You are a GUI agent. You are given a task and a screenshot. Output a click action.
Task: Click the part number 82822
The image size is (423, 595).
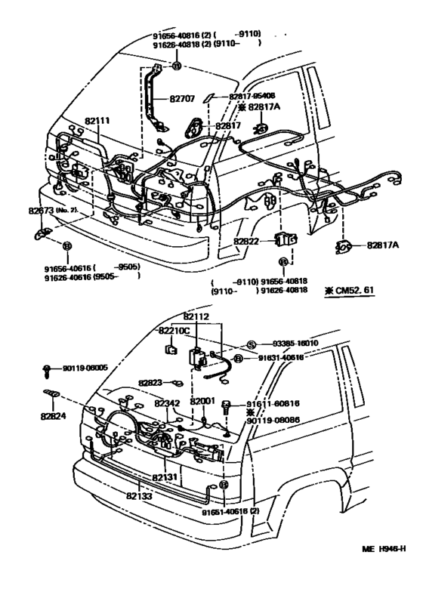pyautogui.click(x=246, y=240)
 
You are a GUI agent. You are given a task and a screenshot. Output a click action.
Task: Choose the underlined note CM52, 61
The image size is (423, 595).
pyautogui.click(x=348, y=290)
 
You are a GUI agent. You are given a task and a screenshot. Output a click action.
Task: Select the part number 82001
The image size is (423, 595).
pyautogui.click(x=202, y=401)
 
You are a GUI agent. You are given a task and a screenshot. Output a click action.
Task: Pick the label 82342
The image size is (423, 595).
pyautogui.click(x=167, y=405)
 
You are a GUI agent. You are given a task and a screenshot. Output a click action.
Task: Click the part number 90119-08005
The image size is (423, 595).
pyautogui.click(x=84, y=368)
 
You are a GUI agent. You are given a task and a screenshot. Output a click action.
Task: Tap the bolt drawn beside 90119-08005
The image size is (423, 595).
pyautogui.click(x=47, y=370)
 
